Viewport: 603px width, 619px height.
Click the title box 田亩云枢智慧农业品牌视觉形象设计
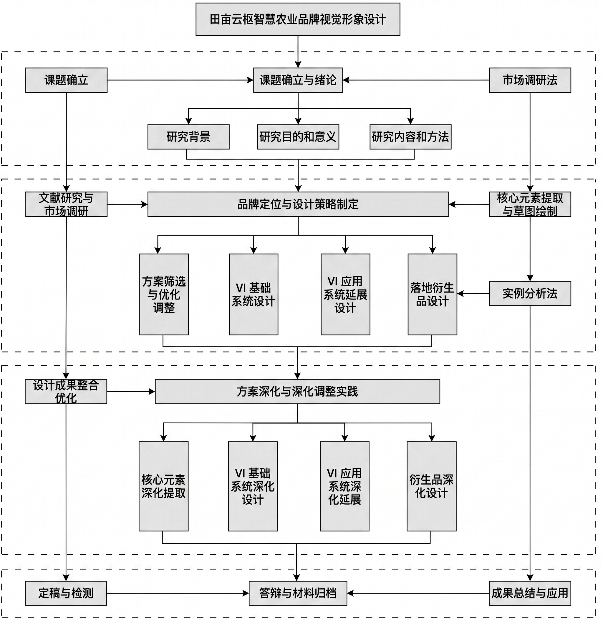point(298,19)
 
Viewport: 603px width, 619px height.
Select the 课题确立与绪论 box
point(298,80)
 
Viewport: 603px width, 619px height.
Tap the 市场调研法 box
point(530,80)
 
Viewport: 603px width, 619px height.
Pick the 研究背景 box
point(188,137)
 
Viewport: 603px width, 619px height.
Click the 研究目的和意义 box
point(298,137)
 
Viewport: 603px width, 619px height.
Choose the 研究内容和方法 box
point(410,137)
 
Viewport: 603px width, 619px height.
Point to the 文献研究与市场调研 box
point(66,204)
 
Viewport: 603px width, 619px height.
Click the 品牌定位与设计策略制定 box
point(298,204)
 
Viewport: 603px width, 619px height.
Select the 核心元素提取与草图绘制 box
point(530,204)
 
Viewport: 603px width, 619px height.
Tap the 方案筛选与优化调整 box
point(164,294)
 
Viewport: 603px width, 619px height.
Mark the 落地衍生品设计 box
point(432,294)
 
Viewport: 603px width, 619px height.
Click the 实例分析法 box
point(530,293)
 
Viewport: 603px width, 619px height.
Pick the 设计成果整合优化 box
point(66,392)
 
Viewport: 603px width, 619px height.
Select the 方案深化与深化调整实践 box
point(297,392)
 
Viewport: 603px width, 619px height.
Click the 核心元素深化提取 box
point(163,486)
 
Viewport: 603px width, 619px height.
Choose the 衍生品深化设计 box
point(432,486)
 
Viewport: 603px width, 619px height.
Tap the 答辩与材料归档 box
point(298,593)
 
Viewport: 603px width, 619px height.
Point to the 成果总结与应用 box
point(530,593)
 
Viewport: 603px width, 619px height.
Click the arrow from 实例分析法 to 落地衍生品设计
point(473,294)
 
